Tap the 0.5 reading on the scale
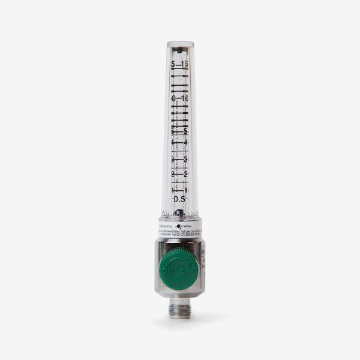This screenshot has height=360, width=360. pyautogui.click(x=179, y=199)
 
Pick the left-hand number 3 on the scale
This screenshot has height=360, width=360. pyautogui.click(x=172, y=160)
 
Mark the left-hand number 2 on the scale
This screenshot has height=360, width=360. pyautogui.click(x=173, y=174)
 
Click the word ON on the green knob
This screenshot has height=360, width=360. pyautogui.click(x=168, y=271)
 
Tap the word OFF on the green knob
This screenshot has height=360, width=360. pyautogui.click(x=190, y=271)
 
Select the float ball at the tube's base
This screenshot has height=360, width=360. pyautogui.click(x=179, y=212)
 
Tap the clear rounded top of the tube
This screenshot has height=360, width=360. pyautogui.click(x=179, y=46)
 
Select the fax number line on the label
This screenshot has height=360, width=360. pyautogui.click(x=186, y=235)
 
